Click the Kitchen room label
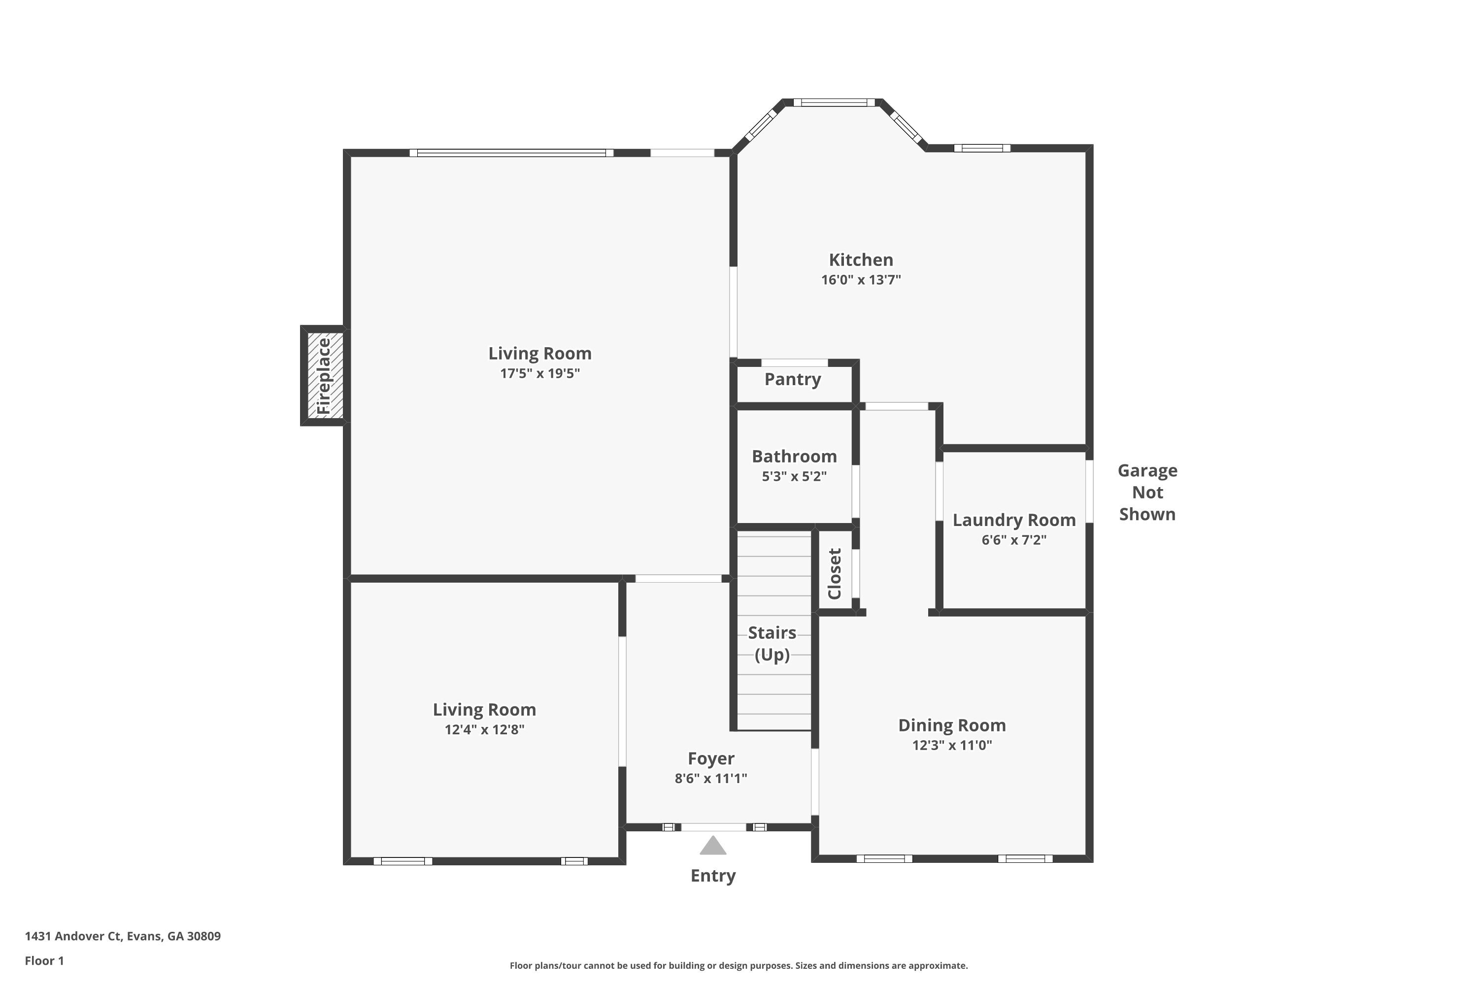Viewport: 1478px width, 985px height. point(860,260)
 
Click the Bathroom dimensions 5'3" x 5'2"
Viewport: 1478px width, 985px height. point(794,476)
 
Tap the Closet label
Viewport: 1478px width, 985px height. point(835,574)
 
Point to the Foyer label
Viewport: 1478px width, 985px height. point(711,759)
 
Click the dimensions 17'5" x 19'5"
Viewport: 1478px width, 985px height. point(540,373)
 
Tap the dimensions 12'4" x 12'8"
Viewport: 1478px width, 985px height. point(484,729)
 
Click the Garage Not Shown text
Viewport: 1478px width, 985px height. point(1147,492)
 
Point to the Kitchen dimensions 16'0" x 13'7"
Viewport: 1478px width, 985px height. point(861,280)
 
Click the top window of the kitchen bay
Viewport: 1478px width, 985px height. point(834,102)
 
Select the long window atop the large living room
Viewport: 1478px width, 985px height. point(511,153)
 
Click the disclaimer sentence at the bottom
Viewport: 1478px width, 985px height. point(739,965)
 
